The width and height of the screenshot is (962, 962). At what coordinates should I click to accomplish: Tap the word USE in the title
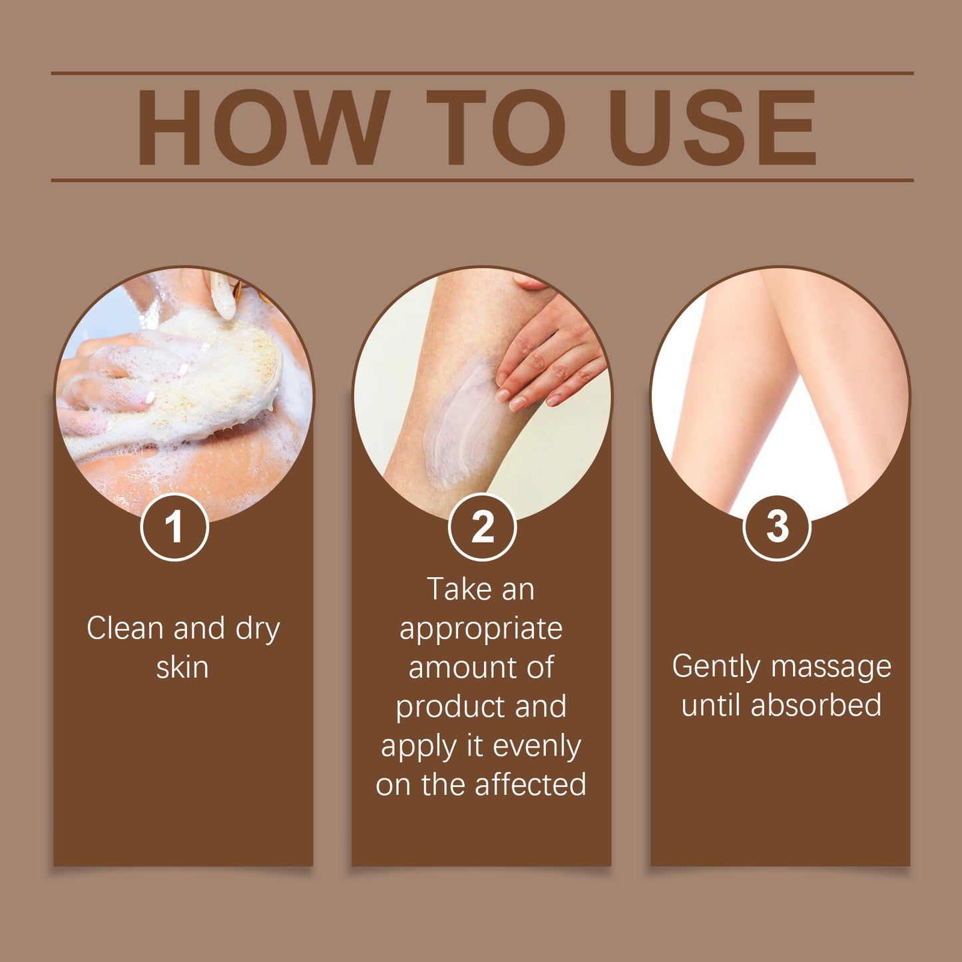[712, 127]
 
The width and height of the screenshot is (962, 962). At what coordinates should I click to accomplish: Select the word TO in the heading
[496, 127]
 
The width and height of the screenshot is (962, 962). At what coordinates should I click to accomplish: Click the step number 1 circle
[174, 527]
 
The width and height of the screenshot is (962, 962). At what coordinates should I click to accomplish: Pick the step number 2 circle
[482, 527]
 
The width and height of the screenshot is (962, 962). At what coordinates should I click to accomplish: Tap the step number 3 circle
[776, 527]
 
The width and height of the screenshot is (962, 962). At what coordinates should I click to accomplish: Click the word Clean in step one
[124, 628]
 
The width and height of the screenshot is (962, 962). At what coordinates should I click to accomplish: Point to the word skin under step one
[182, 668]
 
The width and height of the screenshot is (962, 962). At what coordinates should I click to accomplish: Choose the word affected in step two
[531, 785]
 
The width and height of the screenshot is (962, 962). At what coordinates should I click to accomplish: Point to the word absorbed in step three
[816, 706]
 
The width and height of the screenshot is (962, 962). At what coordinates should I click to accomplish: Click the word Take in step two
[455, 590]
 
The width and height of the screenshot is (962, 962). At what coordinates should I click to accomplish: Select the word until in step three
[710, 706]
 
